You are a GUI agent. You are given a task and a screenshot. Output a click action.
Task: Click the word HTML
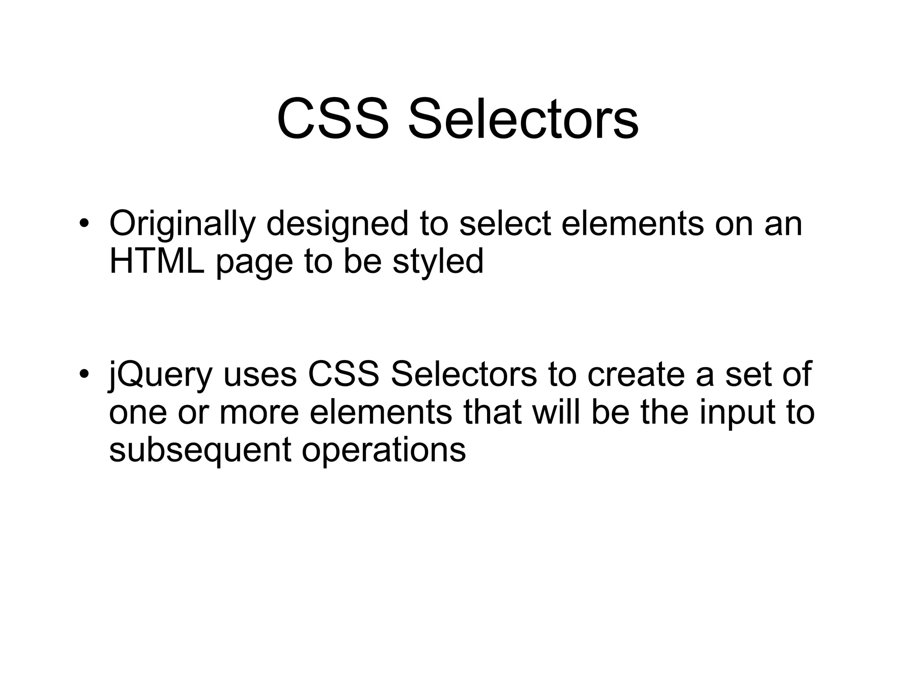157,261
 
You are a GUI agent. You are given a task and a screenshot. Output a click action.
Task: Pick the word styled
438,262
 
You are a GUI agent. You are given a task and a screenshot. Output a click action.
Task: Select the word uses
260,375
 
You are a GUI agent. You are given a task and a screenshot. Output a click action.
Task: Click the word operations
384,450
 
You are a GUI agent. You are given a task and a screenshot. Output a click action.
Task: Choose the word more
259,412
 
